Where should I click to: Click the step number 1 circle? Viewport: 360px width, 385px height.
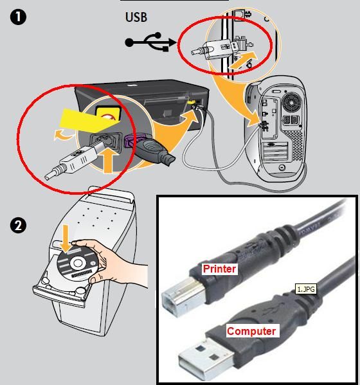click(18, 17)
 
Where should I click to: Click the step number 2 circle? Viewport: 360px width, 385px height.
click(18, 225)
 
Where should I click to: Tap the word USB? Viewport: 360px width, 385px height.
click(136, 17)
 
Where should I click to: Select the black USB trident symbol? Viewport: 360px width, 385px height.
click(150, 42)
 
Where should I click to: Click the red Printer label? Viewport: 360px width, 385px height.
click(219, 269)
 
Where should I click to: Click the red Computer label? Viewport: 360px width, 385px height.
click(251, 331)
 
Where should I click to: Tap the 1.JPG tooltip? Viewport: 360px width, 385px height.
click(305, 289)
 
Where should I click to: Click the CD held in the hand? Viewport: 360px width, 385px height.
click(77, 264)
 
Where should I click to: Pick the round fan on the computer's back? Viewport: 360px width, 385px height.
click(292, 103)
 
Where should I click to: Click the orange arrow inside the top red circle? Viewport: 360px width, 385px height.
click(243, 60)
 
